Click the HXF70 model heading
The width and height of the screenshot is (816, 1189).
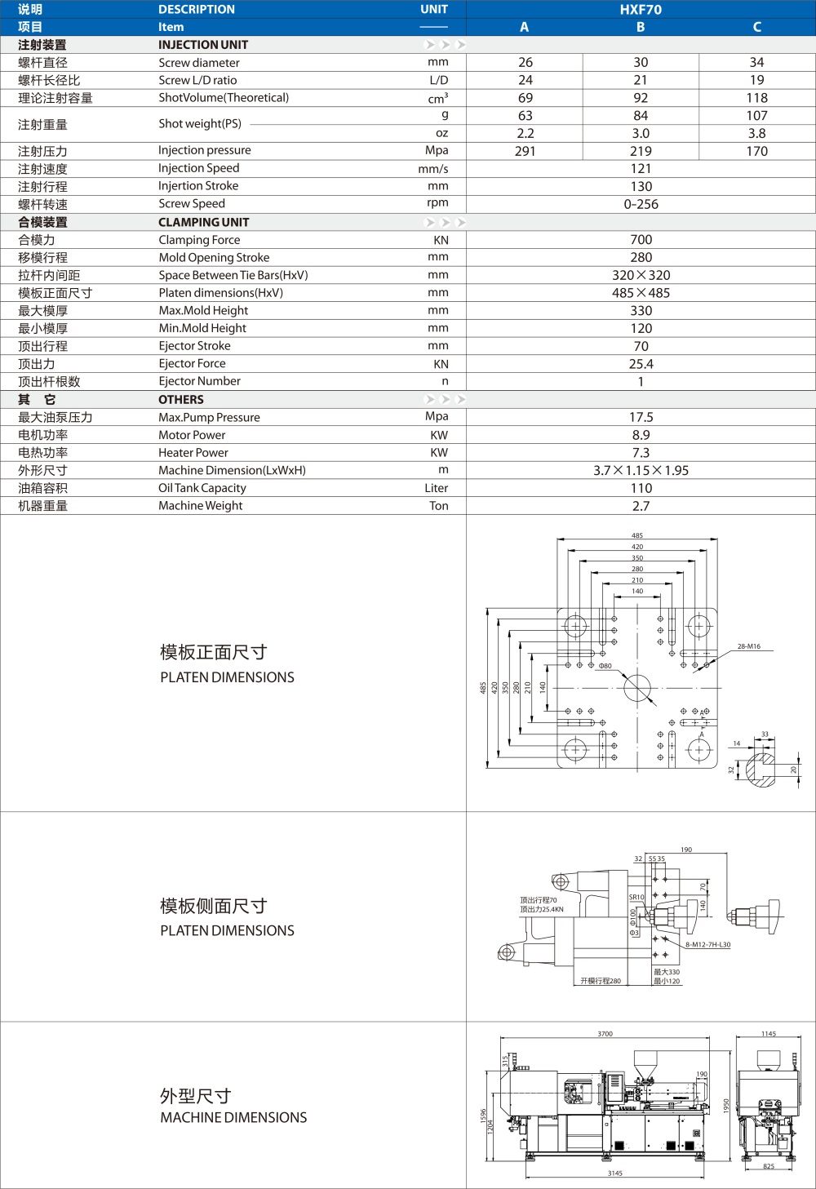click(641, 9)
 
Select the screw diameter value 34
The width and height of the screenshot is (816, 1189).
click(756, 62)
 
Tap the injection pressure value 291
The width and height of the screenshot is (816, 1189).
click(525, 151)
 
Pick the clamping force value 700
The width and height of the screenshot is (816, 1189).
click(641, 240)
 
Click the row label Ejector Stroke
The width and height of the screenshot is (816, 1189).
click(194, 346)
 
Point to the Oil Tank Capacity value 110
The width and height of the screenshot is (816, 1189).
click(641, 488)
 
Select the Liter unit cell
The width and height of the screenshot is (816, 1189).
click(436, 488)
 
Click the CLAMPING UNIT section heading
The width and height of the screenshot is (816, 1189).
click(203, 222)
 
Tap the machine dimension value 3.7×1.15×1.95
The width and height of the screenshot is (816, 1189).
click(641, 470)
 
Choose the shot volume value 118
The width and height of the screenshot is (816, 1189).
click(756, 98)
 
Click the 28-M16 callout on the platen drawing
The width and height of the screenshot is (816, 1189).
click(748, 646)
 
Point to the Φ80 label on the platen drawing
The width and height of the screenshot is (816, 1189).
click(605, 666)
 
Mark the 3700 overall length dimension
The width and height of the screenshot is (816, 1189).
click(605, 1034)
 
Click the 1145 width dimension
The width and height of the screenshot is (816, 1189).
click(768, 1034)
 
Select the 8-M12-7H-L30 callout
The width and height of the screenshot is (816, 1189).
click(707, 945)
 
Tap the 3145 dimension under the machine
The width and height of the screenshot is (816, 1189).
click(614, 1173)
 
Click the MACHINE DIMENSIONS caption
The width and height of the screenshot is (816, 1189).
click(233, 1117)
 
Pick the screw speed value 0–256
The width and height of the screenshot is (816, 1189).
click(641, 204)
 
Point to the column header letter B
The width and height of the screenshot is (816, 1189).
click(641, 27)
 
